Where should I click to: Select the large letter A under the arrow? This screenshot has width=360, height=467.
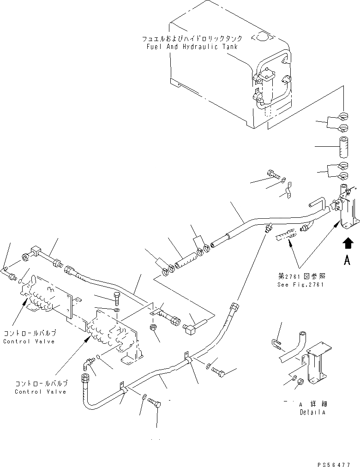[x=348, y=261]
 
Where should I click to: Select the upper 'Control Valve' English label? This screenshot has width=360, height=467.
[x=29, y=341]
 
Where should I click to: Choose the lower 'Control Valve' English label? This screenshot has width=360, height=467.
[x=41, y=392]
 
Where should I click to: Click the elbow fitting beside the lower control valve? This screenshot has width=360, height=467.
[x=88, y=365]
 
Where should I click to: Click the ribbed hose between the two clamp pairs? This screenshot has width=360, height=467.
[x=184, y=259]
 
